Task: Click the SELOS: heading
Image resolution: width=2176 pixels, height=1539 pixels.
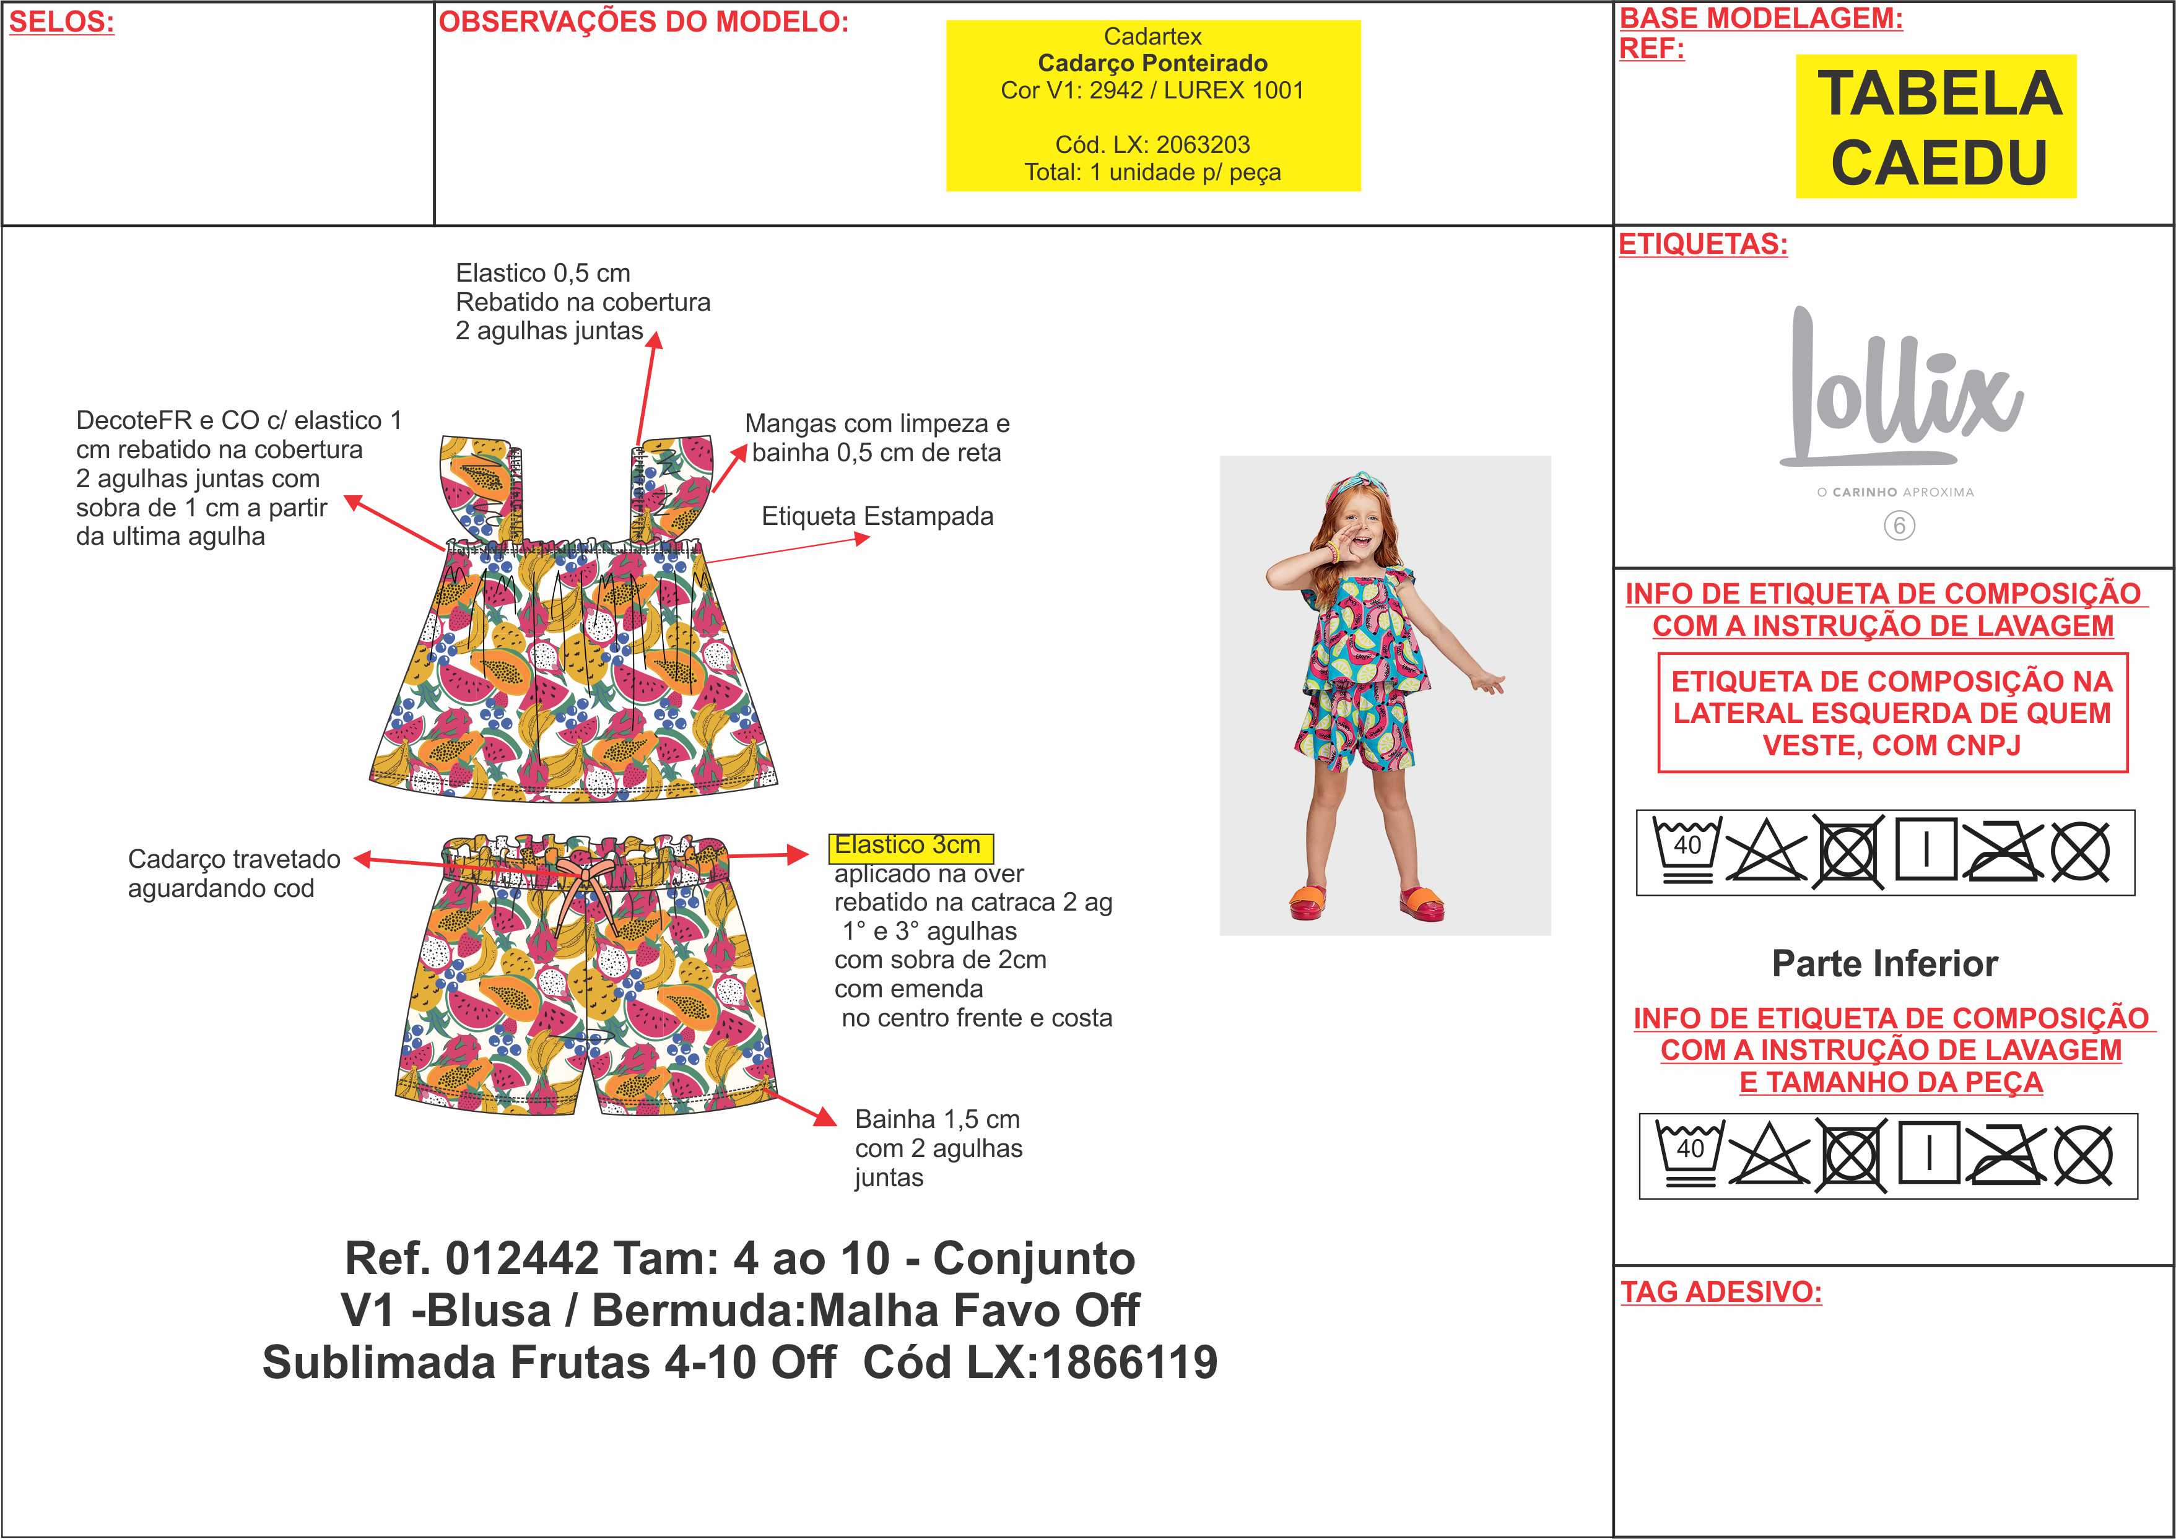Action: click(x=61, y=22)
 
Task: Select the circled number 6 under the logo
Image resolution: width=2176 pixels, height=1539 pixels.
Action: click(x=1899, y=526)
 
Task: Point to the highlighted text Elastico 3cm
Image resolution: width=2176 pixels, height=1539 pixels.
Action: click(x=911, y=845)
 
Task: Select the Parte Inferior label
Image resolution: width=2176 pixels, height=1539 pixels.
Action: click(x=1885, y=964)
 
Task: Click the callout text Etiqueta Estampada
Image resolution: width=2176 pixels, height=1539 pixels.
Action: click(x=877, y=516)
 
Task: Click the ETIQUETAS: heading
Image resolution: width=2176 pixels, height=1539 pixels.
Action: click(x=1703, y=245)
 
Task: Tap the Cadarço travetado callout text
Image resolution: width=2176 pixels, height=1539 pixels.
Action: click(x=234, y=874)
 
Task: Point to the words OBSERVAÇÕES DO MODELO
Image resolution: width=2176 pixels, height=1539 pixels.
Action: click(x=643, y=22)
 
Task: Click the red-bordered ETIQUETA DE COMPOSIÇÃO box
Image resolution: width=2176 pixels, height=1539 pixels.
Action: click(x=1892, y=713)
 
